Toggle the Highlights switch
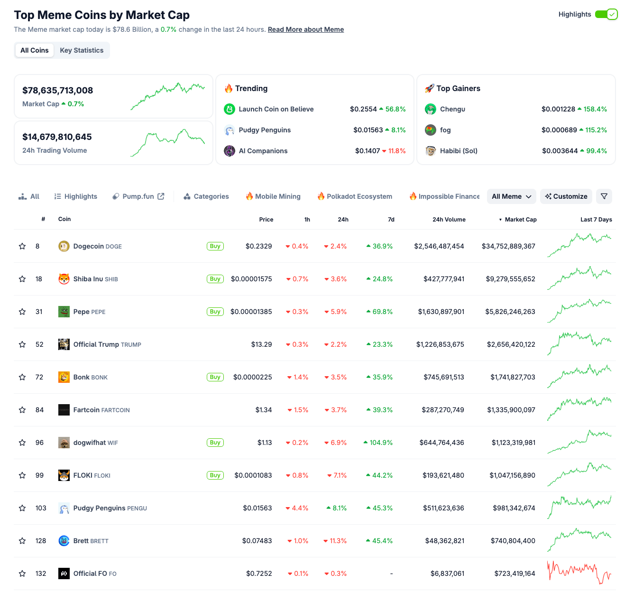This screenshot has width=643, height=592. [x=606, y=14]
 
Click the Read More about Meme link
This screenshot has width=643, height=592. [x=306, y=29]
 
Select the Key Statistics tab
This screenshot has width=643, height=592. [x=82, y=50]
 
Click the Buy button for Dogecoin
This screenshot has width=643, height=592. [x=215, y=246]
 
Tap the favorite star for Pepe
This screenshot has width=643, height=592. [x=22, y=312]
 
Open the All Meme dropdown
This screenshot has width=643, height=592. [x=511, y=196]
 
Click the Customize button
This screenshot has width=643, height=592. [x=566, y=196]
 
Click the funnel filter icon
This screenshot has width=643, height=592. [x=604, y=196]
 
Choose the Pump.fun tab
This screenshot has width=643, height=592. [x=138, y=196]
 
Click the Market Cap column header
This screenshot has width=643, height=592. [x=520, y=220]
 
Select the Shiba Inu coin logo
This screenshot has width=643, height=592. [x=64, y=279]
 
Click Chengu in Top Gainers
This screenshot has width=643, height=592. [x=452, y=109]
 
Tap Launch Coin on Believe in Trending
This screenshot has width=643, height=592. [x=276, y=109]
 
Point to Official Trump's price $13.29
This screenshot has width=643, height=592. [x=261, y=344]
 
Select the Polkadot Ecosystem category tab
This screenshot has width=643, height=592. [x=359, y=196]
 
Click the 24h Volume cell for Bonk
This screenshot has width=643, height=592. [x=443, y=377]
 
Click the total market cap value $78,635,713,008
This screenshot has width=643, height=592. [x=58, y=91]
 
